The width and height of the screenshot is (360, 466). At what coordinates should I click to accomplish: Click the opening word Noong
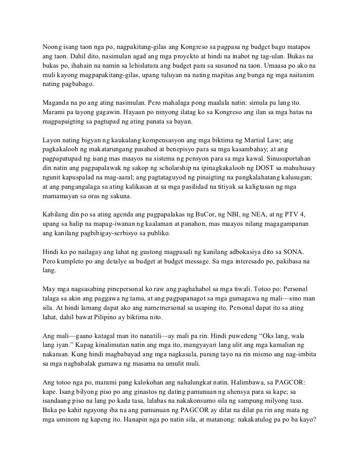tap(51, 47)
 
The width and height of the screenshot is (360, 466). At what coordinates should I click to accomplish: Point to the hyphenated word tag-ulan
tap(270, 56)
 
